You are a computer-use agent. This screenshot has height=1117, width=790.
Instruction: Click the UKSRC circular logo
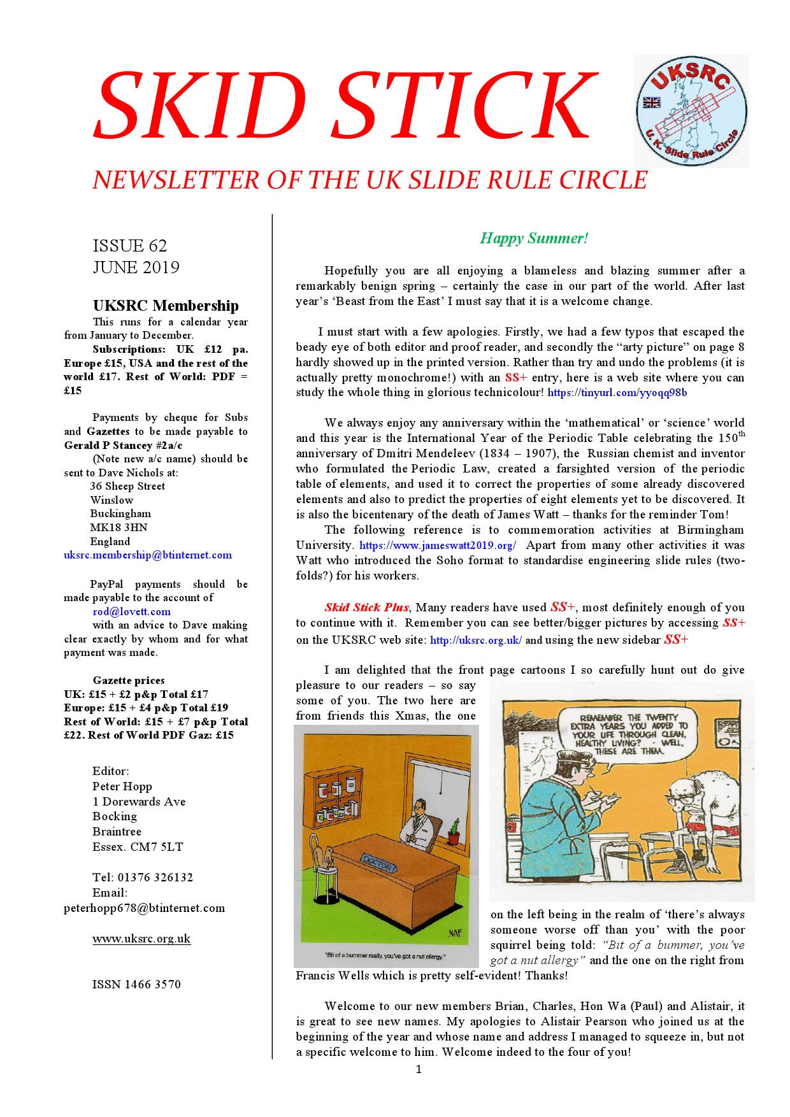tap(691, 111)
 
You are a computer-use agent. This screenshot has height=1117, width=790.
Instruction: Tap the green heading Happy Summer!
tap(534, 239)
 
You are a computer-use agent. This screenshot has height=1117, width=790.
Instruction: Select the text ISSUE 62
tap(130, 246)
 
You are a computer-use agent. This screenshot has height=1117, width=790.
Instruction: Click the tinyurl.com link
tap(617, 393)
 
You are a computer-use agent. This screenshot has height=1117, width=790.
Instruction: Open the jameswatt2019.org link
tap(438, 546)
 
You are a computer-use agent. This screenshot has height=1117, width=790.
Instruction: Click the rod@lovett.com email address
tap(131, 612)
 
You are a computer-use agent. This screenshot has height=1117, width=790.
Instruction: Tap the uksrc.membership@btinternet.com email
tap(148, 555)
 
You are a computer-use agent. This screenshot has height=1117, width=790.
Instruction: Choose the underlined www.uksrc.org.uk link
tap(141, 939)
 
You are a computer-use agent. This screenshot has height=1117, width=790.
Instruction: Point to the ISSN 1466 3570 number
tap(136, 985)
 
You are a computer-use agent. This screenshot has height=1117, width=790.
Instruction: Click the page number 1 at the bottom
tap(419, 1069)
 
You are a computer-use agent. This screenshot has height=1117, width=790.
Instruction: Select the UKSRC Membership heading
tap(166, 306)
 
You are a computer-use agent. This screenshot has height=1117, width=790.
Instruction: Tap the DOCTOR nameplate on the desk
tap(378, 864)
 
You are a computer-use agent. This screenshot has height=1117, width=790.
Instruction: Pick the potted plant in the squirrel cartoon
tap(454, 832)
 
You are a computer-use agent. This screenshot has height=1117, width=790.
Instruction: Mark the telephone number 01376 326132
tap(155, 878)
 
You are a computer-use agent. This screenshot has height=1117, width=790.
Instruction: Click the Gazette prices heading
tap(129, 681)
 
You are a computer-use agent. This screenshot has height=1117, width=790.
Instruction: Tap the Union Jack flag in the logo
tap(651, 102)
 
